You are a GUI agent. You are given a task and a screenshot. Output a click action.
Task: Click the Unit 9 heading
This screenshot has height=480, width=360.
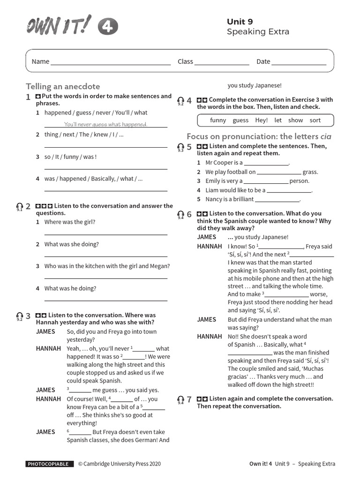[x=240, y=22]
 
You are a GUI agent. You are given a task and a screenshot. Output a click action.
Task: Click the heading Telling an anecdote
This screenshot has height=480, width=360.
[x=63, y=86]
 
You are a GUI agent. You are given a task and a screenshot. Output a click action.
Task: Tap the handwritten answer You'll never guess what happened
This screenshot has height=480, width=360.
[x=105, y=124]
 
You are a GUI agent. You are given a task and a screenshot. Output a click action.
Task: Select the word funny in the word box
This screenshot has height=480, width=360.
[x=218, y=120]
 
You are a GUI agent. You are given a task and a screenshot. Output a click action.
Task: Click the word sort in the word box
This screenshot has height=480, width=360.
[x=315, y=120]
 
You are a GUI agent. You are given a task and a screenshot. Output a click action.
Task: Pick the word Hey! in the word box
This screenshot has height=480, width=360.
[x=261, y=120]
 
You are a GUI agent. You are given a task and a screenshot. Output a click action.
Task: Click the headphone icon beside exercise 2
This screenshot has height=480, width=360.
[x=19, y=207]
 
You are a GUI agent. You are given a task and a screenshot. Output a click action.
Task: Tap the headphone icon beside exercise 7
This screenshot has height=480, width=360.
[x=180, y=400]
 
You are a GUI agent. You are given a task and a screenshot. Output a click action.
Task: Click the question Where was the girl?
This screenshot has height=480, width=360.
[x=70, y=222]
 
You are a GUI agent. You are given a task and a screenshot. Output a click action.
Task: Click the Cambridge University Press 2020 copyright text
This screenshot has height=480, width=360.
[x=119, y=464]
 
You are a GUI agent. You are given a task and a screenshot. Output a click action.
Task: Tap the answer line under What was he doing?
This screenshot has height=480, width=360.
[x=105, y=300]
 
